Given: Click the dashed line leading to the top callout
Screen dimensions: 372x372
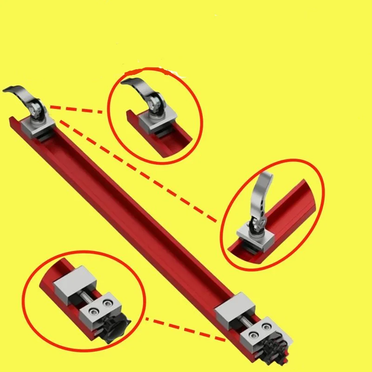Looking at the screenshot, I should [77, 110].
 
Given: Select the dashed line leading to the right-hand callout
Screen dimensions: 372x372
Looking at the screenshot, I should [139, 167].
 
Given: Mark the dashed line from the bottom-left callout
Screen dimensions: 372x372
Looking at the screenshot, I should [186, 331].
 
